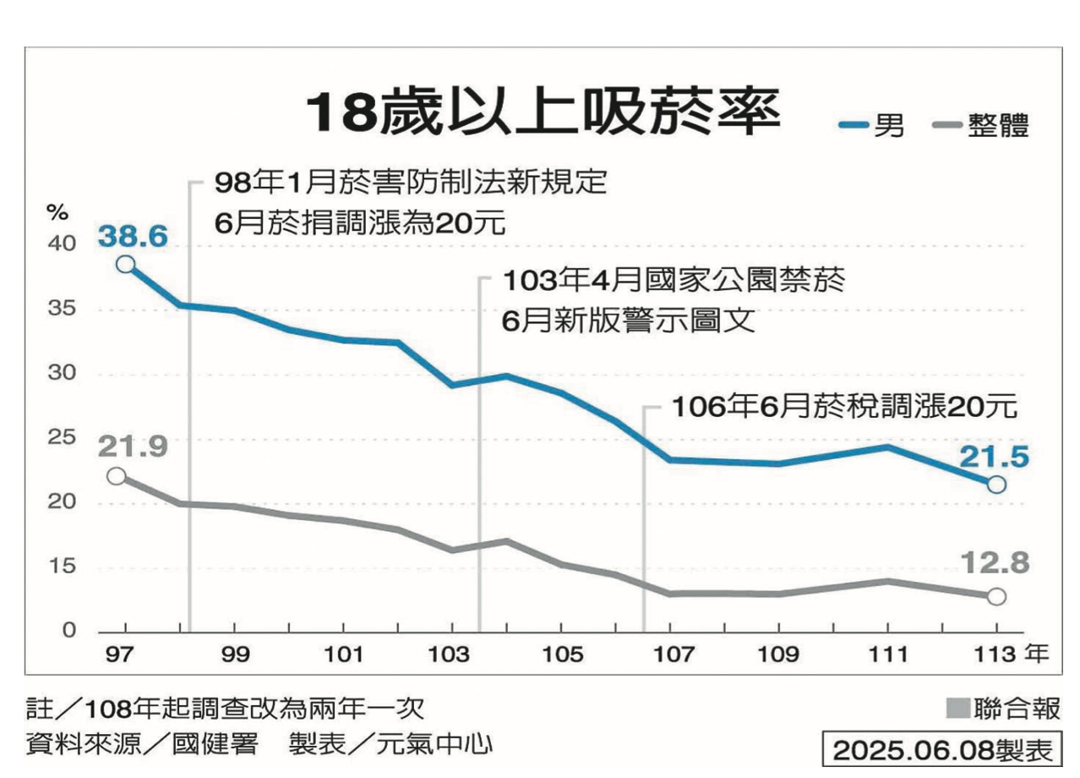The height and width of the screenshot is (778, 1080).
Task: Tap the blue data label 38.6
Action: pyautogui.click(x=133, y=235)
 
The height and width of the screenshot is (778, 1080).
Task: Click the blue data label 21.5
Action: pyautogui.click(x=994, y=457)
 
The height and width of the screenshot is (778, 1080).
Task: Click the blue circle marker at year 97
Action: pyautogui.click(x=126, y=264)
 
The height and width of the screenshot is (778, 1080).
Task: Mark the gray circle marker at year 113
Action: pyautogui.click(x=996, y=596)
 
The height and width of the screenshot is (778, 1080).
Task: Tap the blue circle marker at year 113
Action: pyautogui.click(x=996, y=485)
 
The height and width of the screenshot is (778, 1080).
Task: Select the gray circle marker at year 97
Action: pyautogui.click(x=117, y=476)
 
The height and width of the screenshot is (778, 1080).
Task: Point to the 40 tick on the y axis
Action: pyautogui.click(x=65, y=244)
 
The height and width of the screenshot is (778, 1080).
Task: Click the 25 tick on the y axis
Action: pyautogui.click(x=65, y=438)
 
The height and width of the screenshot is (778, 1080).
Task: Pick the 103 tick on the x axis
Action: pyautogui.click(x=452, y=655)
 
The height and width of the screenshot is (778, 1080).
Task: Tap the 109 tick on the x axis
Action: pyautogui.click(x=778, y=655)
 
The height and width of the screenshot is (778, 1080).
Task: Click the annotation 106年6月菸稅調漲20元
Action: pyautogui.click(x=842, y=407)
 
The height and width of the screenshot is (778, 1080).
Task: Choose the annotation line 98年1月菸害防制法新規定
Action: pyautogui.click(x=411, y=182)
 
